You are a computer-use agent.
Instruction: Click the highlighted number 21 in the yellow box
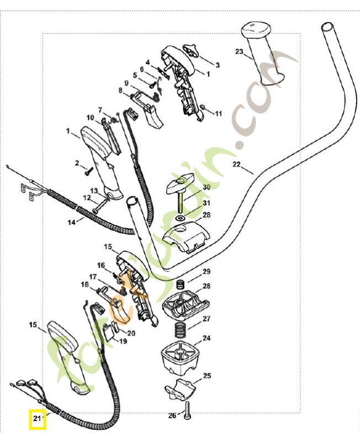(x=38, y=419)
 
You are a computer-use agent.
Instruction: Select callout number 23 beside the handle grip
(x=239, y=52)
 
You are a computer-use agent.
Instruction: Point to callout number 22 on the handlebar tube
(x=236, y=165)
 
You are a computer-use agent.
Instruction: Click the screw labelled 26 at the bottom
(x=190, y=410)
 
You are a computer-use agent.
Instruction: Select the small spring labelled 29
(x=179, y=285)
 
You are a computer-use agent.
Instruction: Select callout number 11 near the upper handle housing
(x=218, y=114)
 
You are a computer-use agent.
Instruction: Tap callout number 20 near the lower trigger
(x=131, y=333)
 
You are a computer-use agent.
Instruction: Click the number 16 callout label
(x=101, y=265)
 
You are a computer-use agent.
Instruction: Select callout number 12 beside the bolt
(x=87, y=198)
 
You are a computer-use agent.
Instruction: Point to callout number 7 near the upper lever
(x=100, y=109)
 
